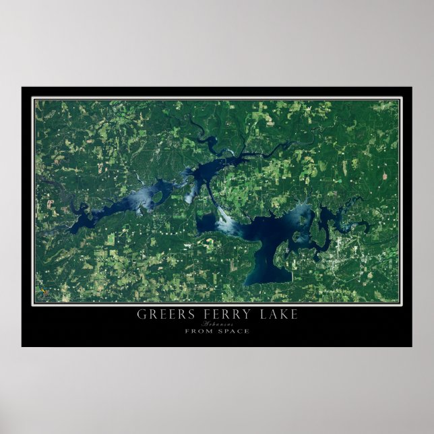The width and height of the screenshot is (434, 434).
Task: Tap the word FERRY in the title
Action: pos(217,314)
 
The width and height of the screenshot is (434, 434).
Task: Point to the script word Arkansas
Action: pos(217,323)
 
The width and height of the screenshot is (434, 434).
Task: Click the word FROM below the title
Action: pos(199,331)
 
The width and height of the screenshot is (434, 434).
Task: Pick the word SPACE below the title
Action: pos(233,331)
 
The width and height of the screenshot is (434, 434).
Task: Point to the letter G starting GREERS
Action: pos(141,314)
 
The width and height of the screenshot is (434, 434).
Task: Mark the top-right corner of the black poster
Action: pos(411,87)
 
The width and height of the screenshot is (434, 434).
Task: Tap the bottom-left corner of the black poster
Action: pos(22,346)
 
